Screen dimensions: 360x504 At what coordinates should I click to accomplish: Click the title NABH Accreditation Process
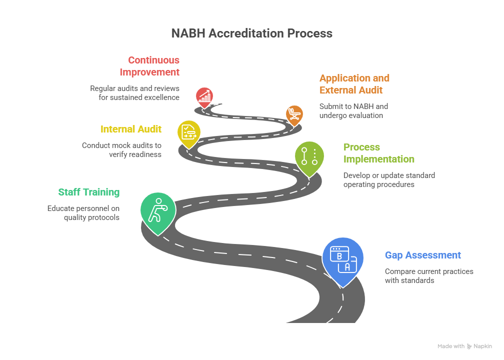[x=251, y=33]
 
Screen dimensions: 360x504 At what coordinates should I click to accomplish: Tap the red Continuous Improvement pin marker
[x=204, y=96]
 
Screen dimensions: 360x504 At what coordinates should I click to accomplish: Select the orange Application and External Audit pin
[x=294, y=114]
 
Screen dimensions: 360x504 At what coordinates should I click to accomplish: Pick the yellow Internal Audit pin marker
[x=189, y=133]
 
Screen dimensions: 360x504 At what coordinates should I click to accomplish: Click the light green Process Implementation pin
[x=309, y=157]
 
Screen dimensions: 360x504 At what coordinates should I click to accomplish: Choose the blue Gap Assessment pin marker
[x=342, y=259]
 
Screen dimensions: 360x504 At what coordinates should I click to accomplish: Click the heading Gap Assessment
[x=422, y=255]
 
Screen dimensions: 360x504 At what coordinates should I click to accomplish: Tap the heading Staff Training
[x=89, y=192]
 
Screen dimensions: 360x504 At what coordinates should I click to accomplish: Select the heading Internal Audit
[x=131, y=129]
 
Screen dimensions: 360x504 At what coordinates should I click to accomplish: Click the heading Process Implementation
[x=378, y=153]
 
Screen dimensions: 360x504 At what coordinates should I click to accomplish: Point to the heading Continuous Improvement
[x=149, y=66]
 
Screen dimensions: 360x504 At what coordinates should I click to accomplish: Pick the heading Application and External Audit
[x=354, y=84]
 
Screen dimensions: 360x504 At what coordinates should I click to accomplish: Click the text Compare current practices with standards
[x=428, y=276]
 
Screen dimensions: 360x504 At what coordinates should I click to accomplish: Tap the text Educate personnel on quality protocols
[x=83, y=213]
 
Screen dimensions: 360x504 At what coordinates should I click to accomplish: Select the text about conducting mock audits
[x=121, y=150]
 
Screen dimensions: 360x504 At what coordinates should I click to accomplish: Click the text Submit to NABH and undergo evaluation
[x=353, y=111]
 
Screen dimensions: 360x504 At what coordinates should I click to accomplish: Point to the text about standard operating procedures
[x=388, y=180]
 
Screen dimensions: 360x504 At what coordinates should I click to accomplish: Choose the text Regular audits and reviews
[x=134, y=92]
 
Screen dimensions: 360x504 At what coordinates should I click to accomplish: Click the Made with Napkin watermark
[x=464, y=346]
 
